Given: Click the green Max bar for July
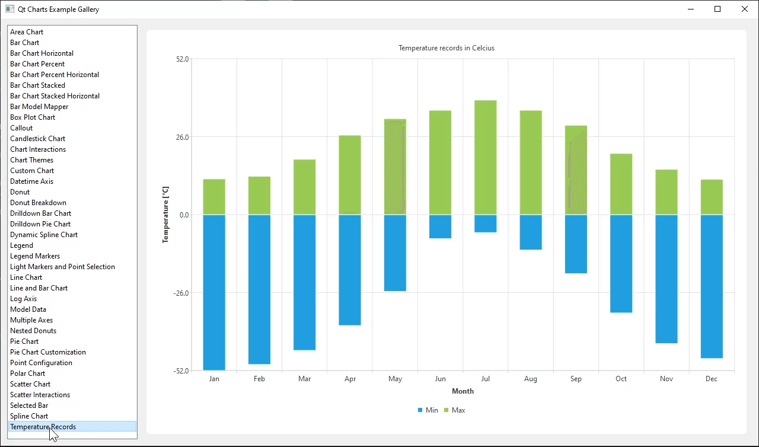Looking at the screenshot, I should pos(485,157).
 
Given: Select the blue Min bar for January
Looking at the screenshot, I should pos(214,292).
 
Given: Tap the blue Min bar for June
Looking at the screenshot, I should pos(440,226).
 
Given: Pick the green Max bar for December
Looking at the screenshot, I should pos(712,197).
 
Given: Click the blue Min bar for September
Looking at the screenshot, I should pos(576,244).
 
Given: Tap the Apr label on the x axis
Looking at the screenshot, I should pos(350,379).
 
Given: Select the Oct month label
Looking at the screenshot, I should pos(621,379).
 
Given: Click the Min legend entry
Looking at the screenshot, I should pos(428,410).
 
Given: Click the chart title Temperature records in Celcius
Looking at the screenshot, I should pos(446,48).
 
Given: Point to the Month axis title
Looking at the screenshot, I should pos(463,391).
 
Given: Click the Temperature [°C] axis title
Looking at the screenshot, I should pos(166,215).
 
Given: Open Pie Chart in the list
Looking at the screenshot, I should pos(24,341).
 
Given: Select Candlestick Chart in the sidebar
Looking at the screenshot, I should pos(37,139).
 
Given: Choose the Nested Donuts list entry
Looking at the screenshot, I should pos(33,331).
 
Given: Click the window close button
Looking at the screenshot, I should pos(745,9).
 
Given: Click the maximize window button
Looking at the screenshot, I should pos(717,9).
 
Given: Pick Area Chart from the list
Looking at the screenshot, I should pos(27,32).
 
